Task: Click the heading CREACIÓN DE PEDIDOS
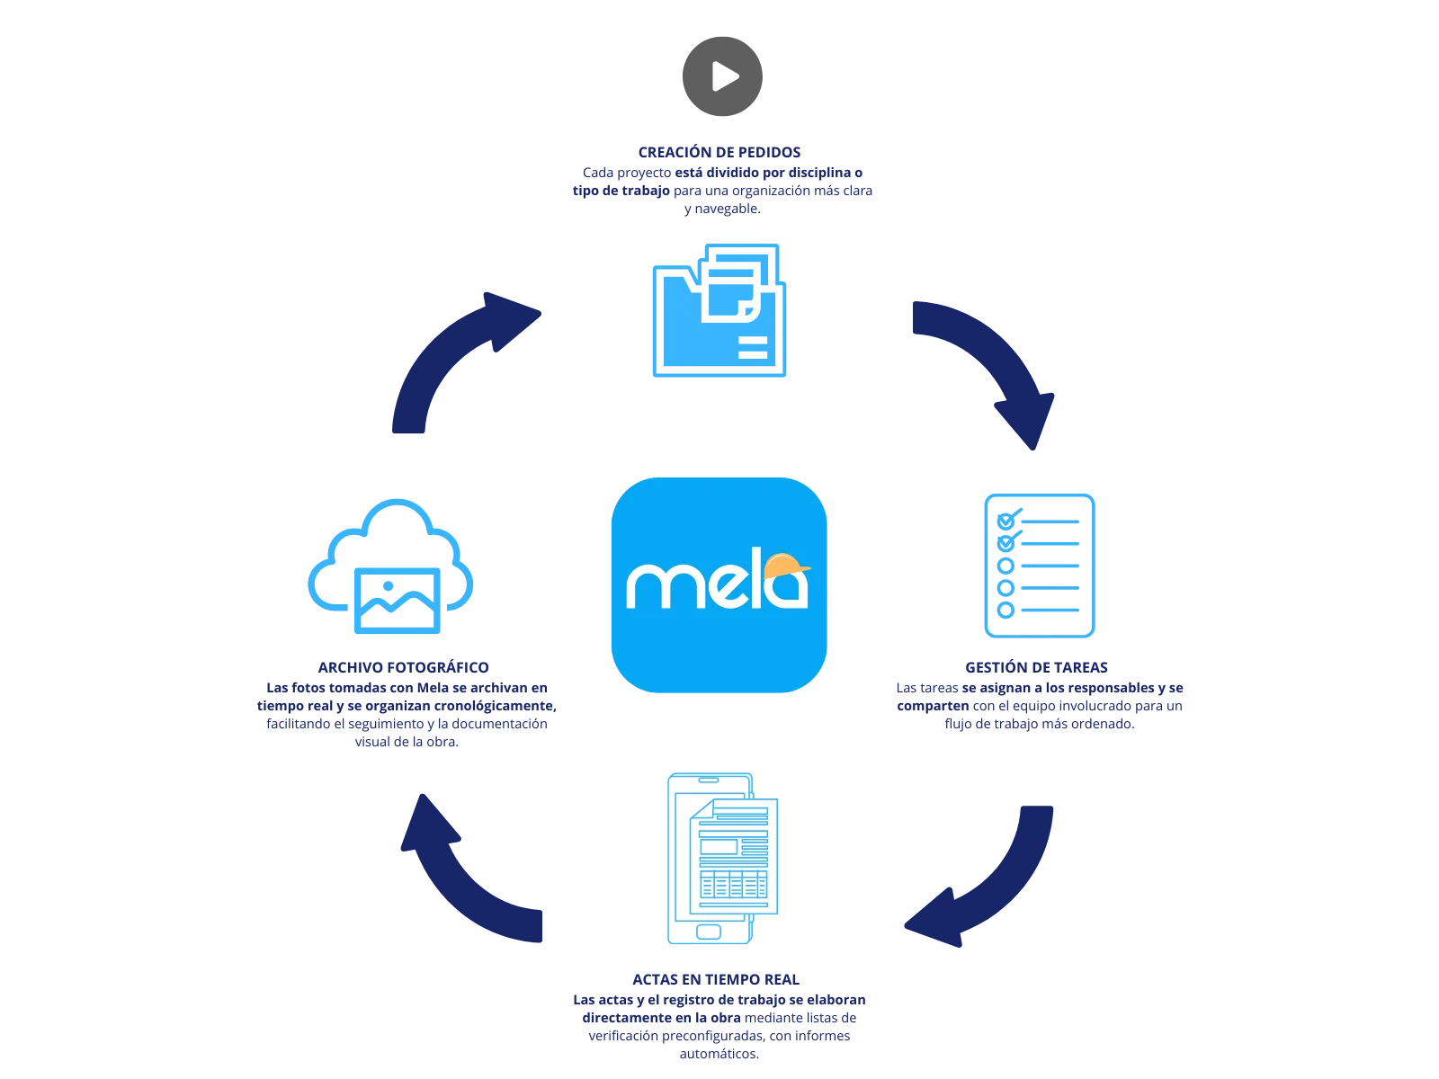(719, 151)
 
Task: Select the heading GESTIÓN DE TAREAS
(1035, 668)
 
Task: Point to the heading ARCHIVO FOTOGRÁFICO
(403, 668)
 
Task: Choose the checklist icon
(1039, 565)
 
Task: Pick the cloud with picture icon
(391, 566)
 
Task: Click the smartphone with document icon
(719, 859)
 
